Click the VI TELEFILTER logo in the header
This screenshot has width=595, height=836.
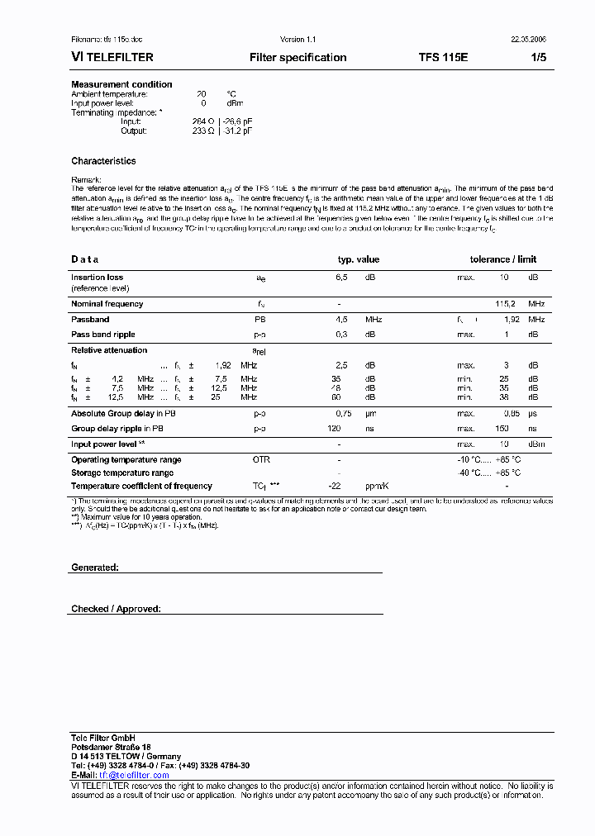coord(112,58)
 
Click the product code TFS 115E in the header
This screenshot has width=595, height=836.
coord(443,58)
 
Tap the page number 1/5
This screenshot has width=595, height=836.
coord(538,58)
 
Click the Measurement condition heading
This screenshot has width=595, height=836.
coord(121,84)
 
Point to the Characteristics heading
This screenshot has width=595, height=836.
coord(103,161)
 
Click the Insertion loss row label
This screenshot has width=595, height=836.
coord(97,278)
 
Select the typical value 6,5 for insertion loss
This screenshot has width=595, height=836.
coord(341,278)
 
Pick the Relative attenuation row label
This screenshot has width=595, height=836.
coord(109,350)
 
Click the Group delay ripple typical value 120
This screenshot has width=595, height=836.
coord(334,429)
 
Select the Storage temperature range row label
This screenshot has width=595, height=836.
coord(122,473)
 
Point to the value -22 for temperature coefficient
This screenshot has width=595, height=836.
coord(335,486)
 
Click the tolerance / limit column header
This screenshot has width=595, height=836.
coord(503,259)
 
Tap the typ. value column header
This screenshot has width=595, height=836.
coord(358,259)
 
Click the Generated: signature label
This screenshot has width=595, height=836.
coord(95,568)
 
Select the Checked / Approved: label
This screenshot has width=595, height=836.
coord(116,609)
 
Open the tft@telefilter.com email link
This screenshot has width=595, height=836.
coord(134,775)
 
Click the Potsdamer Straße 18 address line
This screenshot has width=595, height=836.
coord(111,747)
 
